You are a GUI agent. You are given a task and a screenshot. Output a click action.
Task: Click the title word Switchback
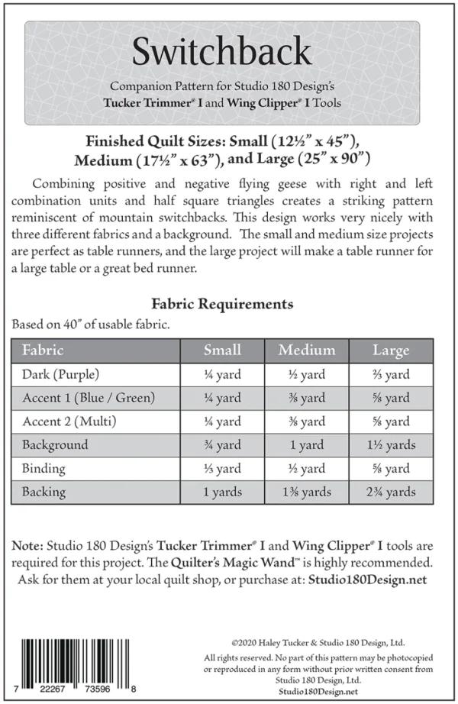point(221,51)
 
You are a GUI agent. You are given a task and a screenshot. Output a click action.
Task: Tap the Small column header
point(222,350)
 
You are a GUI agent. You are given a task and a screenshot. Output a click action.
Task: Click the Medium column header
point(307,350)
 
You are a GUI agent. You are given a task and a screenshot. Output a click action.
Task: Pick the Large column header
point(391,350)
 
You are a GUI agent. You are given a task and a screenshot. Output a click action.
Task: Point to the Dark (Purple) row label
point(61,374)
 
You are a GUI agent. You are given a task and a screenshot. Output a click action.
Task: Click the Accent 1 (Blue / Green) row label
point(89,398)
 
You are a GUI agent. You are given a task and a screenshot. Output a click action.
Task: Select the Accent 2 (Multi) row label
point(69,421)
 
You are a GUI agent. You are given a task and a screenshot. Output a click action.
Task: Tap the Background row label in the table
point(55,444)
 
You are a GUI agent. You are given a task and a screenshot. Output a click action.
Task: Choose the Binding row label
point(44,468)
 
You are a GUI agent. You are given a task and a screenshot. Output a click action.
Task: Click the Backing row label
point(44,492)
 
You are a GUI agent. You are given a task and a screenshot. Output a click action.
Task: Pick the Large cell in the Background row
point(391,445)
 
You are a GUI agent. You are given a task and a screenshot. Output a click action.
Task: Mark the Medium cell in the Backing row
point(307,492)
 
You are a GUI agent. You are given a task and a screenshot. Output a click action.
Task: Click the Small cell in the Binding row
point(222,469)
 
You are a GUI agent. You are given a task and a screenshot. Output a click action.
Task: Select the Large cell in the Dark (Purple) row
point(391,375)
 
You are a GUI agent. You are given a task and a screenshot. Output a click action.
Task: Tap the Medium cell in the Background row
point(307,445)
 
